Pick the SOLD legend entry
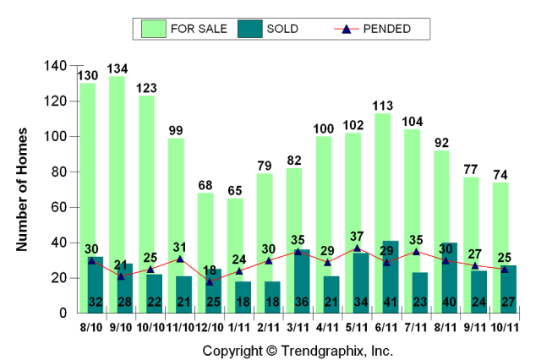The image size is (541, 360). [x=270, y=29]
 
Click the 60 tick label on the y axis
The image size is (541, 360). [x=57, y=207]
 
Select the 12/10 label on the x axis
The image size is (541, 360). [x=210, y=327]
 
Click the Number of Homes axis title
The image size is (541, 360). [x=23, y=189]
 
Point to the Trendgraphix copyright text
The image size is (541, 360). [x=298, y=350]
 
